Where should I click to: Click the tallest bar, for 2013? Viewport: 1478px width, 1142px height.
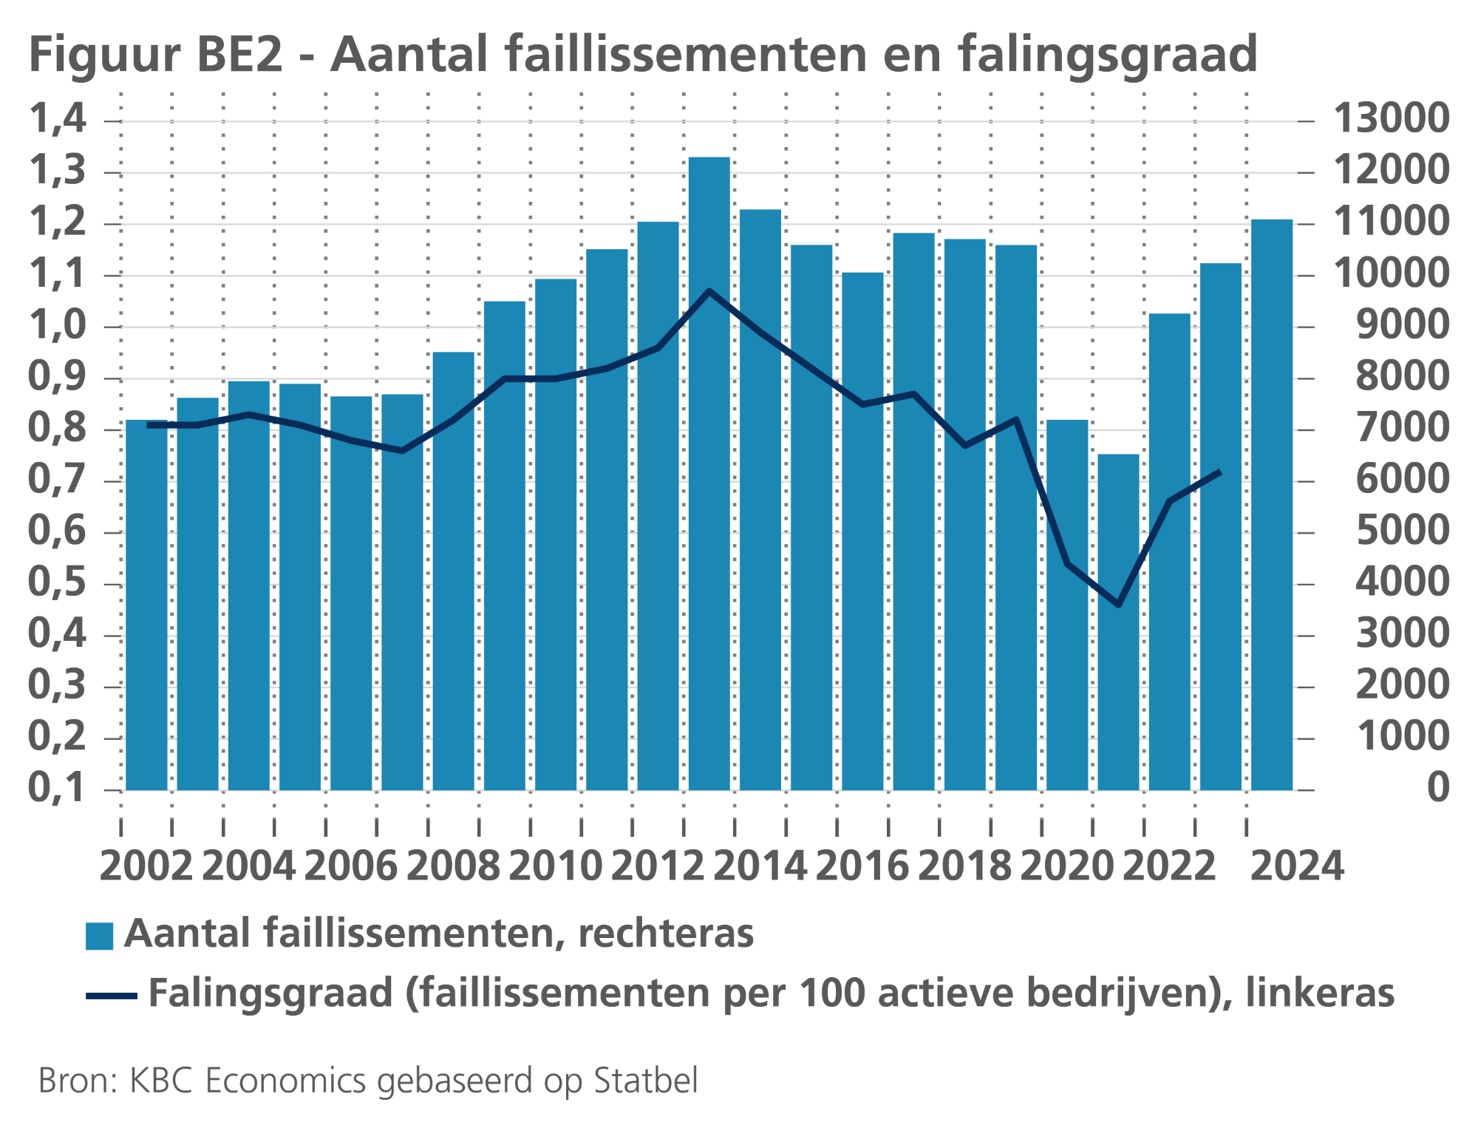click(709, 473)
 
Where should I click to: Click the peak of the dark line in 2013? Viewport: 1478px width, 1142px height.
click(709, 291)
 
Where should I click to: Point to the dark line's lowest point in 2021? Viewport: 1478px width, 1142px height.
click(1119, 605)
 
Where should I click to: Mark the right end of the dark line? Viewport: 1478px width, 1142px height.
click(1219, 472)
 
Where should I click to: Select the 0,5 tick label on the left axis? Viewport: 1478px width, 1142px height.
click(57, 582)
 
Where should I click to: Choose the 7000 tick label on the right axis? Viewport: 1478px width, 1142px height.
click(1402, 428)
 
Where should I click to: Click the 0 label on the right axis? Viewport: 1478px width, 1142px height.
click(1437, 787)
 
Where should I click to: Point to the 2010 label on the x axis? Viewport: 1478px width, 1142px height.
click(555, 866)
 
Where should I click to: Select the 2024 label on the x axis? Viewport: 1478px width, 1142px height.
click(1296, 866)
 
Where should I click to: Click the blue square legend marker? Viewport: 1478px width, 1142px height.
click(99, 936)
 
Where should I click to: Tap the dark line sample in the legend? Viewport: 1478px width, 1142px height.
click(112, 996)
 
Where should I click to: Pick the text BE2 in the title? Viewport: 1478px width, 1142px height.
click(240, 54)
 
